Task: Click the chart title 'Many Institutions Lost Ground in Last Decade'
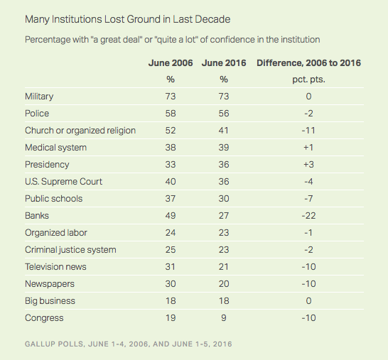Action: click(x=127, y=20)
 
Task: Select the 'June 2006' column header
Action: click(x=171, y=63)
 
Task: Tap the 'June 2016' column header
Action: click(x=224, y=63)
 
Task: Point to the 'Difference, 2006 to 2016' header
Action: click(x=308, y=63)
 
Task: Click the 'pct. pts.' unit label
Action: click(x=308, y=80)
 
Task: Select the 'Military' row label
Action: click(x=39, y=97)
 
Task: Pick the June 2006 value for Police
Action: click(x=171, y=114)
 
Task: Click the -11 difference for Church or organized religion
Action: click(x=308, y=131)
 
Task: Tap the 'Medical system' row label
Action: click(x=55, y=148)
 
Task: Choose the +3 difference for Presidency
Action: click(x=308, y=165)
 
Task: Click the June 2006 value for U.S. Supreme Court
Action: click(x=171, y=182)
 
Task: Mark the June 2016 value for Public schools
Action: click(x=224, y=199)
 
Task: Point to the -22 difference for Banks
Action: click(x=308, y=216)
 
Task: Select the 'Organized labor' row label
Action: click(x=56, y=233)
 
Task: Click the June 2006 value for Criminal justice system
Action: click(x=171, y=250)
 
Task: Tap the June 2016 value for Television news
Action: click(x=224, y=267)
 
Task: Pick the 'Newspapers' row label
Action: click(x=50, y=284)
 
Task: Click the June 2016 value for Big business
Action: click(x=224, y=301)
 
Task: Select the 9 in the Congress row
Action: click(x=224, y=318)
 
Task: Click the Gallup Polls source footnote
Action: click(x=129, y=344)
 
